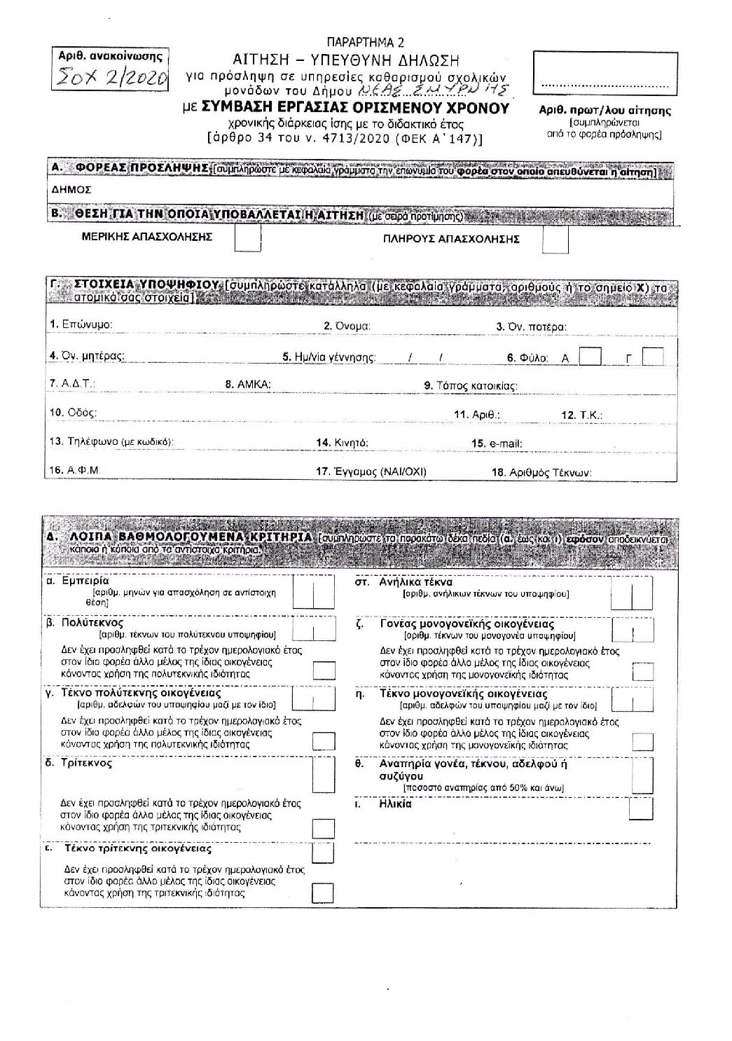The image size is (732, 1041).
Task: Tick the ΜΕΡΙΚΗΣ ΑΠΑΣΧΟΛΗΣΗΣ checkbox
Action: pos(247,239)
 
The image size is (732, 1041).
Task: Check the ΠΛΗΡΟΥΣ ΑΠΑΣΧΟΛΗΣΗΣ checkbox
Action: pos(555,240)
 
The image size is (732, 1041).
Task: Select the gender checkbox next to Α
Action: pos(591,357)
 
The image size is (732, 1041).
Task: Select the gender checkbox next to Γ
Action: pos(653,357)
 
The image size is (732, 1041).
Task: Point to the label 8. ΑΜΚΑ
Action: pos(247,385)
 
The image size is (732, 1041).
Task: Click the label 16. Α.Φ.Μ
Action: pos(74,471)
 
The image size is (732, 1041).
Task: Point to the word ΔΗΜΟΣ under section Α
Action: pos(70,189)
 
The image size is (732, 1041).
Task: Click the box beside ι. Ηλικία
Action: pos(640,808)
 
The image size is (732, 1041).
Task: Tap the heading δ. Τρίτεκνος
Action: pos(78,763)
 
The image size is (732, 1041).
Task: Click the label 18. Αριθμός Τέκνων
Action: pos(541,472)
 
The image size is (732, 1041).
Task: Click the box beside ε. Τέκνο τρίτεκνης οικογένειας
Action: pos(322,853)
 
